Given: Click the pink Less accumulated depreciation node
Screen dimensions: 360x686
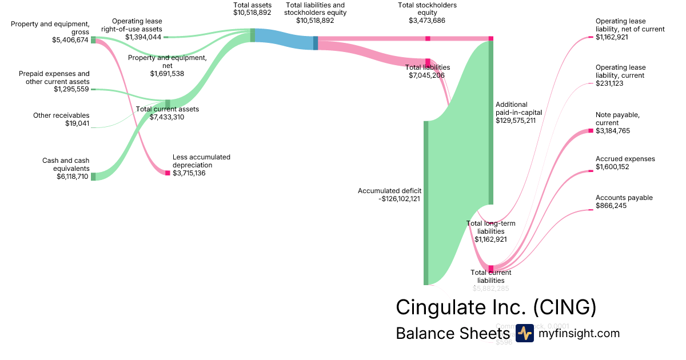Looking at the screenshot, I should (x=167, y=173).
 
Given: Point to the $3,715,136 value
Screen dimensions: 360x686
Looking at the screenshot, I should (x=189, y=173).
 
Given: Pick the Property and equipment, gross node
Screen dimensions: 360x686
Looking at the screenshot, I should (x=93, y=40).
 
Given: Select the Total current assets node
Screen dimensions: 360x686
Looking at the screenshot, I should (x=167, y=103).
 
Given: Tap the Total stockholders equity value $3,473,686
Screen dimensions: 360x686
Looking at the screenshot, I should (x=427, y=21).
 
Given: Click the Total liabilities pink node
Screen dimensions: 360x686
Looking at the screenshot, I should (x=428, y=62).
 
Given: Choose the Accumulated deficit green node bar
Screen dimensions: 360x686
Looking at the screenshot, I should (x=425, y=203).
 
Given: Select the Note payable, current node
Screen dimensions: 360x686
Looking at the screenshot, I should (x=591, y=131).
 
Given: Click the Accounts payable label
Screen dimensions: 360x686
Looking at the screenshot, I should (x=624, y=198).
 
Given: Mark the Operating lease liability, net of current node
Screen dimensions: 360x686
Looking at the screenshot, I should (x=591, y=37).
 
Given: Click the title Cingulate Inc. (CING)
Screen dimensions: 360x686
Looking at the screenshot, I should (x=496, y=307).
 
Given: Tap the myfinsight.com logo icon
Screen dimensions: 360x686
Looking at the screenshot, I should (x=524, y=333).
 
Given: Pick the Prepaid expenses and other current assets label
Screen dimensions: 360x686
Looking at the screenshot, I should (x=54, y=77).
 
